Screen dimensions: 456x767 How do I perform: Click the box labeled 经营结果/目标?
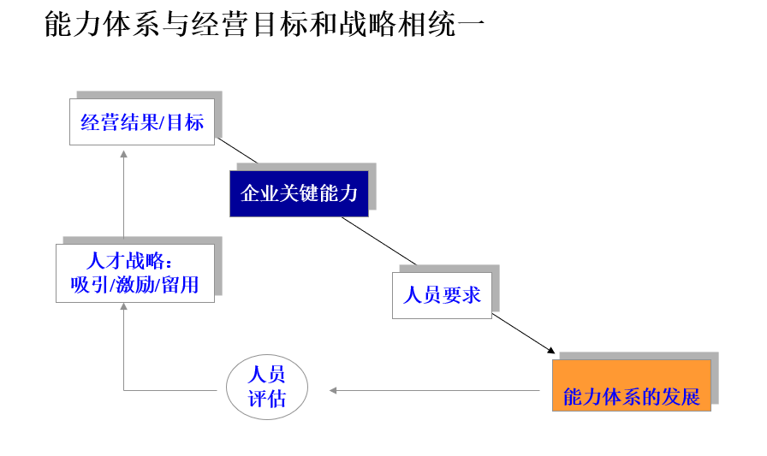coord(142,121)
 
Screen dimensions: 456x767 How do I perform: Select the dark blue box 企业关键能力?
coord(299,193)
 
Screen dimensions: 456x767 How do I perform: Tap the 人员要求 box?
coord(442,295)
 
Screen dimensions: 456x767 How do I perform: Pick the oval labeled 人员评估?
coord(266,387)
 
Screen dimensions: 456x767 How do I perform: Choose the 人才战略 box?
coord(135,273)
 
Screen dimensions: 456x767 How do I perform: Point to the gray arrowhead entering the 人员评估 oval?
coord(333,390)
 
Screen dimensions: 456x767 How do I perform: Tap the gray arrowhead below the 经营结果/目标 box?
coord(123,154)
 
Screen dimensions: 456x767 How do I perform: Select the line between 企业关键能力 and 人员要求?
coord(379,240)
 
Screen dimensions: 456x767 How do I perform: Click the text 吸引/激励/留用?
coord(135,285)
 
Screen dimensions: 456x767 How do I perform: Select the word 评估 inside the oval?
coord(266,399)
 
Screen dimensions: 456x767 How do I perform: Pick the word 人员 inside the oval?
coord(266,375)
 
